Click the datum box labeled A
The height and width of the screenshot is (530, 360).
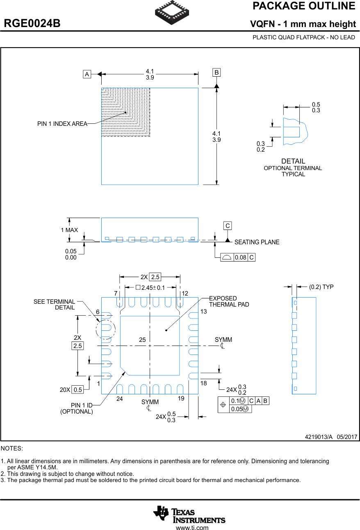(x=87, y=74)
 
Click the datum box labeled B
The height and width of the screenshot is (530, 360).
(x=216, y=73)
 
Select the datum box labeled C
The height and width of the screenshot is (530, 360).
(x=228, y=225)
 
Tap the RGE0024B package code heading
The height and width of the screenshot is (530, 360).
(x=32, y=24)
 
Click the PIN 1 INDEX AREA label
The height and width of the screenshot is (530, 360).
(x=62, y=124)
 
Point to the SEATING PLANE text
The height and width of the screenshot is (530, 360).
(x=257, y=242)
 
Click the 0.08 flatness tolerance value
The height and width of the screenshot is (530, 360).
(x=241, y=257)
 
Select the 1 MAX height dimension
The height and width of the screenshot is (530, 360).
(x=69, y=230)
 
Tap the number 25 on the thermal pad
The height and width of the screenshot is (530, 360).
(x=142, y=340)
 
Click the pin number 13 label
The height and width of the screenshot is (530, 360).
(x=204, y=312)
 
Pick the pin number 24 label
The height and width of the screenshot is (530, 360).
(x=119, y=398)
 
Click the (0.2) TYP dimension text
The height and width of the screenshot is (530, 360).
(x=321, y=287)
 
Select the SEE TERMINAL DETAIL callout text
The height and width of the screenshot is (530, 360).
(x=55, y=305)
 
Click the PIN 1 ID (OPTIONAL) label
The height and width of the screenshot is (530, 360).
(x=77, y=408)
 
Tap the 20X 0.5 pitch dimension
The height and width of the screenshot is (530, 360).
(x=71, y=390)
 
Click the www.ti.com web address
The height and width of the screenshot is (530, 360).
(x=192, y=528)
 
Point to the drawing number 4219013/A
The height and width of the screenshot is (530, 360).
(x=319, y=437)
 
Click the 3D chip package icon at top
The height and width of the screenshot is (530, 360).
(x=172, y=13)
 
